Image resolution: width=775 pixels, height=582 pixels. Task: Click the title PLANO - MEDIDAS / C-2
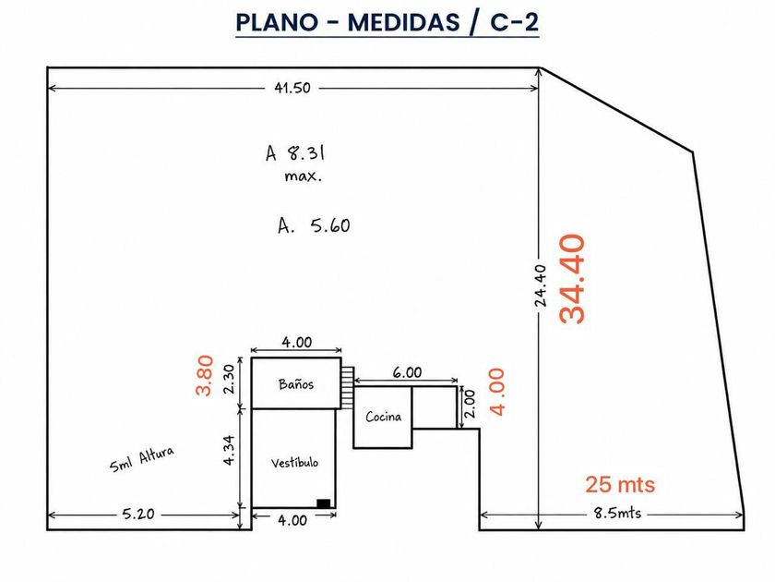coord(387,22)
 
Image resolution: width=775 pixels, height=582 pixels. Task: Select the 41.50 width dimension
coord(292,88)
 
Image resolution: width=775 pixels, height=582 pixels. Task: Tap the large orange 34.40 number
coord(572,279)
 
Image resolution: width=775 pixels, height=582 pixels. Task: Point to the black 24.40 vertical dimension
coord(541,286)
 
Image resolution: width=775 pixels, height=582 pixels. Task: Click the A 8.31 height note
coord(295,153)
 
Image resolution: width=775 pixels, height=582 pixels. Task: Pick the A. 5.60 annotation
coord(314,225)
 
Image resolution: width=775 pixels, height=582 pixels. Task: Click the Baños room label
coord(296,384)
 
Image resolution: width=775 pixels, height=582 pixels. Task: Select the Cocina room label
coord(384,417)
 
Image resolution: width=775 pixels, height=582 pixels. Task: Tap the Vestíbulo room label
coord(294,463)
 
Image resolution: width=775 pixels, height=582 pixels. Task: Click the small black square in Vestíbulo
coord(323,503)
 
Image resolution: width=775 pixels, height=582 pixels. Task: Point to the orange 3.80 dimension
coord(205,376)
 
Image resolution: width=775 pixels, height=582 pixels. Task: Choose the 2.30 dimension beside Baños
coord(229,379)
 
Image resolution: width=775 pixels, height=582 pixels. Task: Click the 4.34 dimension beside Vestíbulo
coord(229,450)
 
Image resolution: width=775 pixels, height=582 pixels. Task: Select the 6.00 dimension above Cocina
coord(407,372)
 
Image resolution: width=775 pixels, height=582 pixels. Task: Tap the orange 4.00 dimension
coord(496,392)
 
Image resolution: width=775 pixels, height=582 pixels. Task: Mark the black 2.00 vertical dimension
coord(470,404)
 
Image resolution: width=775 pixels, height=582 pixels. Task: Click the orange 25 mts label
coord(620,484)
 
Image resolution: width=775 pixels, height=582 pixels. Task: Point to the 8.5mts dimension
coord(617,513)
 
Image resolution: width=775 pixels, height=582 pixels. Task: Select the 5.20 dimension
coord(138,514)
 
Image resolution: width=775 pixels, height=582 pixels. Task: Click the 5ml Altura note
coord(142,459)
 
